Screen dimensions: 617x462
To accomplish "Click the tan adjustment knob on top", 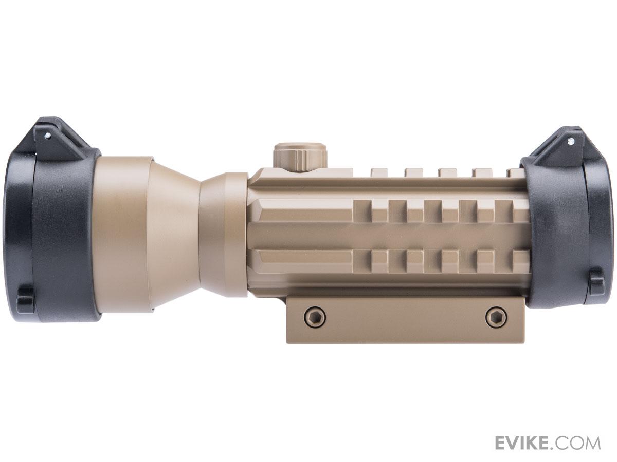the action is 300,157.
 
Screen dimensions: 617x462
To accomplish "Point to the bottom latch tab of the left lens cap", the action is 26,298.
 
